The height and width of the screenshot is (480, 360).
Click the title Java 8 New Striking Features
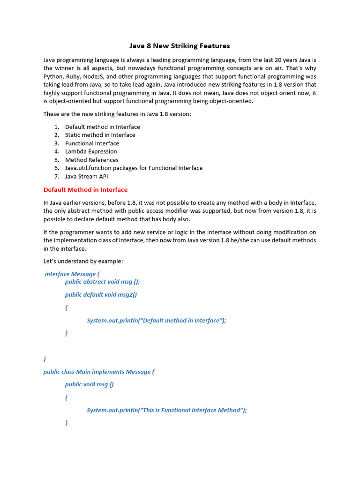click(180, 46)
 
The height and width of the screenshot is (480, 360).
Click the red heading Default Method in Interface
click(85, 190)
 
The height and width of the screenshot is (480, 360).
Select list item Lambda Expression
click(91, 151)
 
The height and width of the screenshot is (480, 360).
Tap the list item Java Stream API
click(87, 176)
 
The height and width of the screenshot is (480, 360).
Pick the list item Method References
click(92, 160)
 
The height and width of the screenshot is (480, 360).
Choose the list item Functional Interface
click(92, 143)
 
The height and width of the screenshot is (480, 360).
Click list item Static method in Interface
click(100, 135)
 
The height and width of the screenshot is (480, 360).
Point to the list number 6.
click(56, 168)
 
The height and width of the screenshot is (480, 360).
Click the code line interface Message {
click(72, 274)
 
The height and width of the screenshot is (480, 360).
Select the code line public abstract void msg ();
click(102, 282)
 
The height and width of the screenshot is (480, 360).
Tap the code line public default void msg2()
click(101, 295)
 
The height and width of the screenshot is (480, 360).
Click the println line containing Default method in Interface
click(156, 321)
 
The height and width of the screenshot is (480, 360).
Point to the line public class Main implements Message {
click(98, 372)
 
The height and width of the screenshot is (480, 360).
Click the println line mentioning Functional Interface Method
click(166, 410)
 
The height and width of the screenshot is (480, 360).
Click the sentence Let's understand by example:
click(83, 261)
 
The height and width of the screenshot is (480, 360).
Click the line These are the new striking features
click(117, 114)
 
